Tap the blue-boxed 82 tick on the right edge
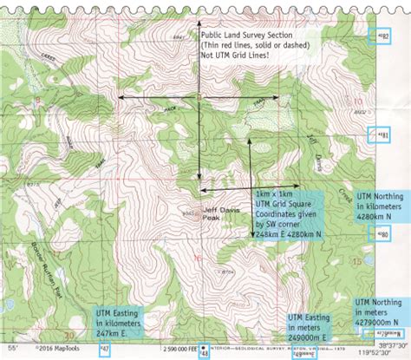[384, 36]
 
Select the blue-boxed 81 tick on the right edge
[384, 135]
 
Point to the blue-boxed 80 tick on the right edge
[383, 235]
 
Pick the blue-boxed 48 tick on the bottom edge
[204, 353]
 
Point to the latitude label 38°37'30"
[389, 343]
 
